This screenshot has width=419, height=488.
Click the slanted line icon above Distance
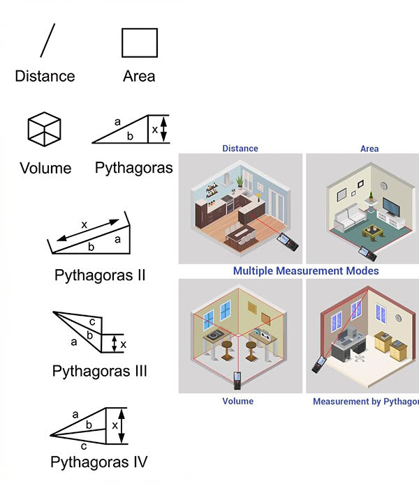[47, 40]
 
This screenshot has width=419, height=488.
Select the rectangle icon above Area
[140, 42]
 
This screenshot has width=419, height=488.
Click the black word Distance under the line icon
[45, 76]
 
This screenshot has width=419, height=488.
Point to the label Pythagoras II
[100, 274]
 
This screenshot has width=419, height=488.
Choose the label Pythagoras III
[100, 371]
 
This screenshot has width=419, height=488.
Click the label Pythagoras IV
[99, 462]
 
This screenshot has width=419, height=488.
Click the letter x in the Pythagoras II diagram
[84, 224]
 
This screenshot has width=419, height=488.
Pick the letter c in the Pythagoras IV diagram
[83, 445]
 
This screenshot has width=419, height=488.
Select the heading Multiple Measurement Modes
[306, 270]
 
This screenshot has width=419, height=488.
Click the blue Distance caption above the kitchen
[240, 148]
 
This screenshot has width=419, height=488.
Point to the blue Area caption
[369, 148]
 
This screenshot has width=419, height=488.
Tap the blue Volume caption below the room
[238, 402]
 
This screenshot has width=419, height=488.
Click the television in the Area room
[391, 208]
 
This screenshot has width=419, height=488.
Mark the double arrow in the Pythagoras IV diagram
[122, 425]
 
